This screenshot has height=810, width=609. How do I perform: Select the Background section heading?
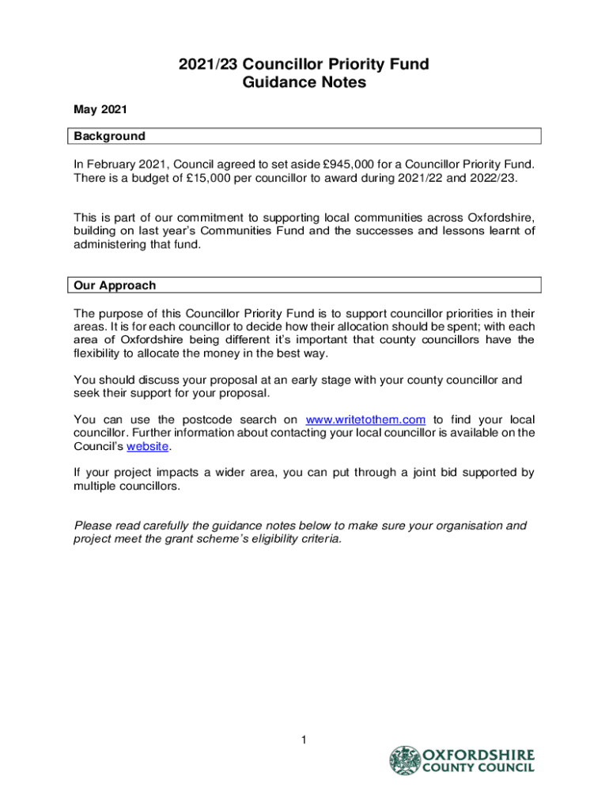click(110, 136)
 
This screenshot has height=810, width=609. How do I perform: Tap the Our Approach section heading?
click(115, 285)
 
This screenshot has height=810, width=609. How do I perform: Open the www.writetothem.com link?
click(365, 419)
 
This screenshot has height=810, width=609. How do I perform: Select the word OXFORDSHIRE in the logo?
click(479, 755)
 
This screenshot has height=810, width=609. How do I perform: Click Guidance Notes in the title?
click(304, 82)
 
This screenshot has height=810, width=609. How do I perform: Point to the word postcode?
click(216, 419)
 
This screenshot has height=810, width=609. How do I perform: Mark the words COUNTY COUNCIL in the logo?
click(479, 768)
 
